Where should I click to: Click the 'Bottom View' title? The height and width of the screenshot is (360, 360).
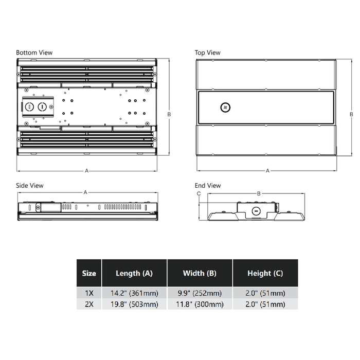coord(34,52)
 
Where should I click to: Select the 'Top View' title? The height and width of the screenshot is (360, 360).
coord(207,52)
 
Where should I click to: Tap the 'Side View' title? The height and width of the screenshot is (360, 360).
coord(30,186)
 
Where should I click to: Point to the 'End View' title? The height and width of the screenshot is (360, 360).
coord(208,186)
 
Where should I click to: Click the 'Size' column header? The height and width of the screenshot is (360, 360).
coord(89,274)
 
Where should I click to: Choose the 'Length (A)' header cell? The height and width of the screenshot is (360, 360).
coord(134,274)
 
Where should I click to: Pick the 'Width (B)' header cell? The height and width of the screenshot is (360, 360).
coord(200,274)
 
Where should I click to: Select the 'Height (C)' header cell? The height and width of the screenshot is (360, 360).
coord(264,274)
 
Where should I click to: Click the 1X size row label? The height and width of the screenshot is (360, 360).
coord(89,293)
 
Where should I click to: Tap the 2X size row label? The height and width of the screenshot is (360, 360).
coord(89,304)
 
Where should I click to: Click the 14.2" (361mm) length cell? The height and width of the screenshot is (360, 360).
coord(134,293)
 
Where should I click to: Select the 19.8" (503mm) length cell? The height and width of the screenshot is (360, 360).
coord(134,304)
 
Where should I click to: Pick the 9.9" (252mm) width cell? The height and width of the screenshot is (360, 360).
coord(200,293)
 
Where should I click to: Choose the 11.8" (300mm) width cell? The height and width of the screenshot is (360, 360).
coord(200,304)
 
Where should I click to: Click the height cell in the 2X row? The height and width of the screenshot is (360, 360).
coord(264,304)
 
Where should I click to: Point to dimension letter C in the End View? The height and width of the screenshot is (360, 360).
coord(199,193)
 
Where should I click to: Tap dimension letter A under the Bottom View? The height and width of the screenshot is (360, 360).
coord(86,170)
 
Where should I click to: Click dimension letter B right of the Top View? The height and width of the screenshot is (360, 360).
coord(351,114)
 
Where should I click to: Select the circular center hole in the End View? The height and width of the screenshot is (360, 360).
coord(256,211)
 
